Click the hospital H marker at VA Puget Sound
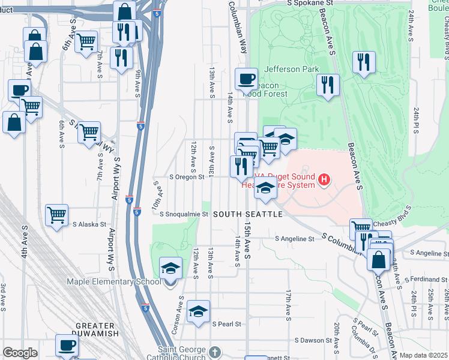click(x=325, y=179)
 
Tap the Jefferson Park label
click(x=292, y=69)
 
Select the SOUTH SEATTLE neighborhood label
click(x=247, y=214)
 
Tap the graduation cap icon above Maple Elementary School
click(x=170, y=268)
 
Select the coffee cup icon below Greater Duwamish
click(x=67, y=345)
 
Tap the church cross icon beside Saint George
click(x=215, y=352)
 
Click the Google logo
click(x=20, y=353)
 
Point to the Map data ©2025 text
click(x=423, y=355)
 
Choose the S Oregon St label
click(x=191, y=177)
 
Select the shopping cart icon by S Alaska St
click(x=56, y=214)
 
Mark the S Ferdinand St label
click(x=427, y=280)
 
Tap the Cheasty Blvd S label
click(x=393, y=223)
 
